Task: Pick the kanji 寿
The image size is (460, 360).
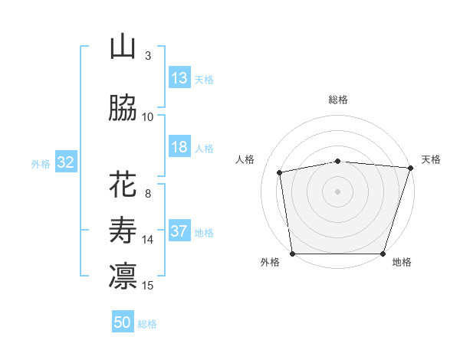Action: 123,231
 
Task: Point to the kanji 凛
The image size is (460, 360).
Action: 123,277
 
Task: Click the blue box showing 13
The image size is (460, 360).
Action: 179,78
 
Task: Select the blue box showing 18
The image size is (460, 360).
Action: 179,147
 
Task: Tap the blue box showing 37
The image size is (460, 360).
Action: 179,231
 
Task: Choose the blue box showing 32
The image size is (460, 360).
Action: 65,162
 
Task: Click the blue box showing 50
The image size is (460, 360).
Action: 123,322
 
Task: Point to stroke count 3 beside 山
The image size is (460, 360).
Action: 148,56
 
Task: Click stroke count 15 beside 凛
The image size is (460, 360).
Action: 148,286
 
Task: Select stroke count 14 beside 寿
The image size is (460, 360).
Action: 148,240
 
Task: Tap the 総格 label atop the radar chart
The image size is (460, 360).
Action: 338,100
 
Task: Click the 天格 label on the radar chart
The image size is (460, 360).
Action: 432,159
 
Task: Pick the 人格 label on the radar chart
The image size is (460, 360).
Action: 245,159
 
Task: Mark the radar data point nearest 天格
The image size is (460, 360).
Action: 410,168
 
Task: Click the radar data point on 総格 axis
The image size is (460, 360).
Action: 338,161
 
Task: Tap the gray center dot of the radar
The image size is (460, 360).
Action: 338,191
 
